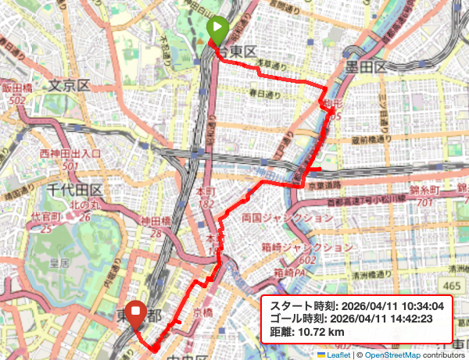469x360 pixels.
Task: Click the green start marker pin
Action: (x=218, y=30)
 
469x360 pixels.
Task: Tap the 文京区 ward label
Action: (x=69, y=85)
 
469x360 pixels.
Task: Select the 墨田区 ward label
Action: (x=363, y=67)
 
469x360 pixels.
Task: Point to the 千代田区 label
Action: (x=74, y=191)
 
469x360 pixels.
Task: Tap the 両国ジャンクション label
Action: (x=288, y=218)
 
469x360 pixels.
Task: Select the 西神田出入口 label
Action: (x=70, y=153)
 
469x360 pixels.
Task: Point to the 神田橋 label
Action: (x=157, y=222)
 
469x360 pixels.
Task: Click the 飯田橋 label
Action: (x=17, y=89)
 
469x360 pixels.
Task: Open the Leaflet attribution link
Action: (x=338, y=354)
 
